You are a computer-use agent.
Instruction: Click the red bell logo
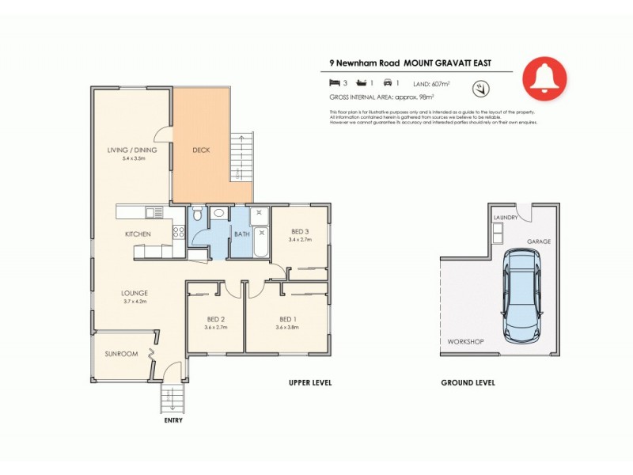(544, 77)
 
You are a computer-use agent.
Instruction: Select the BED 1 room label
(287, 319)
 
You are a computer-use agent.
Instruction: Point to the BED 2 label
(216, 319)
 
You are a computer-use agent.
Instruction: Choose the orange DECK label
(201, 150)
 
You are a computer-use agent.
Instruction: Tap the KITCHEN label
(138, 234)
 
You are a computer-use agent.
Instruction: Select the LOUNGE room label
(135, 293)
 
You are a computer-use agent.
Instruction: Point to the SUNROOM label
(121, 354)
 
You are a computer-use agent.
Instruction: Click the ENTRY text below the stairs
(173, 420)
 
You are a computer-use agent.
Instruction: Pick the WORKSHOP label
(466, 341)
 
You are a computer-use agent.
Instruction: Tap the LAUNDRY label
(506, 217)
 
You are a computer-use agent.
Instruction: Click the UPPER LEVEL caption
(309, 383)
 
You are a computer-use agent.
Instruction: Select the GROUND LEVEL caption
(468, 383)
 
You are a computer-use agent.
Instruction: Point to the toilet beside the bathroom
(197, 214)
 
